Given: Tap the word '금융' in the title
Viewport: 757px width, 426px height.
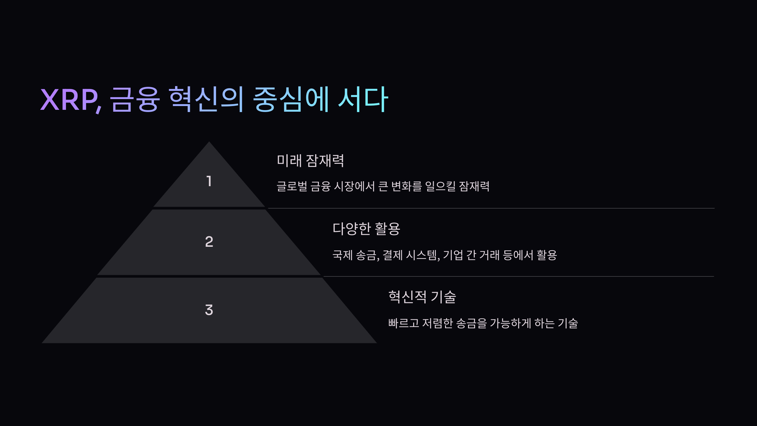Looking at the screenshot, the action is [x=135, y=100].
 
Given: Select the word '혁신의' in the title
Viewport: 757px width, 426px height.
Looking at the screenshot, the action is [x=206, y=100].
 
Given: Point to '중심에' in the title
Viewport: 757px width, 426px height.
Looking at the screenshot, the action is [x=291, y=100].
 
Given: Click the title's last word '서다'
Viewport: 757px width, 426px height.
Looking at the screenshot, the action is [x=363, y=100].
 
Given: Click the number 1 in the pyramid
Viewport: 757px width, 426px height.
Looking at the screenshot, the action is [x=209, y=181].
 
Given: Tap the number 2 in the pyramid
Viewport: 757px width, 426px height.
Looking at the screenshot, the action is [x=209, y=242].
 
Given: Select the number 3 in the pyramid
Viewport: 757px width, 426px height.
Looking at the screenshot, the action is [x=209, y=310].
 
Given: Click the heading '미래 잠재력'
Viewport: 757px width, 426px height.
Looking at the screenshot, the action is [x=310, y=161].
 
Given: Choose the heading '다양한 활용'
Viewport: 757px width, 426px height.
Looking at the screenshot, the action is [x=366, y=229].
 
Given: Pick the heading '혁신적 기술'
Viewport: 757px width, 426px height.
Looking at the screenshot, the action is [x=422, y=297].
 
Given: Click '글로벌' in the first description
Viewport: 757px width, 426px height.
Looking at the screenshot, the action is [x=292, y=186].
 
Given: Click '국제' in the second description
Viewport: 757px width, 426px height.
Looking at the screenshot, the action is [x=342, y=255].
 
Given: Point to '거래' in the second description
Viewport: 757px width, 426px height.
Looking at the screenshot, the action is [x=489, y=255].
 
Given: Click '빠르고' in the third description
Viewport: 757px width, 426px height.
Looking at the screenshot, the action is [x=404, y=323].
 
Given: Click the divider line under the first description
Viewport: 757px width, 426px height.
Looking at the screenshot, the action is [x=491, y=208].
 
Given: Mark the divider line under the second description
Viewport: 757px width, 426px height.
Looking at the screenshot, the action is [x=519, y=276].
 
